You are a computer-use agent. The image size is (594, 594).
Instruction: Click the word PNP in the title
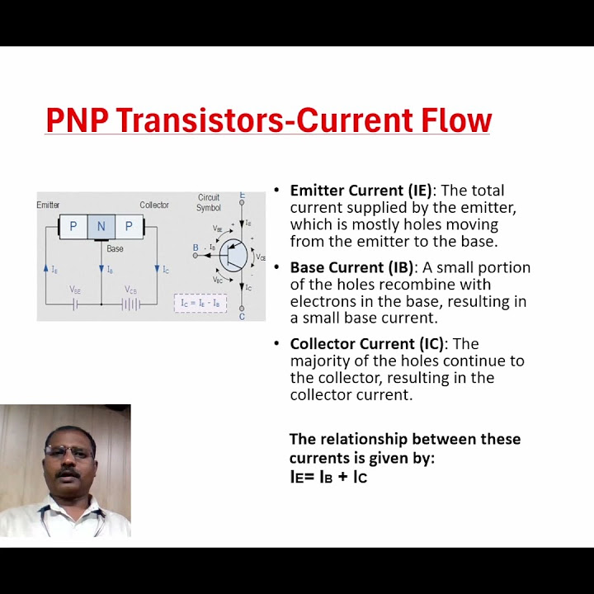coord(78,120)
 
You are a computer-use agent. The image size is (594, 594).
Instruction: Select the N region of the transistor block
coord(101,226)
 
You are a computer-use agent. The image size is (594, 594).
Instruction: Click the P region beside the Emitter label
coord(73,226)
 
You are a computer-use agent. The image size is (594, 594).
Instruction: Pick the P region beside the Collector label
coord(129,226)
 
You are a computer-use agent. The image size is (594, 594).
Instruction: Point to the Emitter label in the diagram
coord(48,205)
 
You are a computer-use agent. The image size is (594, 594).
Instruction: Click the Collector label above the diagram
coord(154,205)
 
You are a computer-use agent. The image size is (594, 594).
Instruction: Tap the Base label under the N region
coord(115,248)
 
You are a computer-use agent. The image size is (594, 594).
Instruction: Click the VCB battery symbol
coord(130,304)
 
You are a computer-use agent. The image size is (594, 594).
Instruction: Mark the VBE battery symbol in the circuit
coord(74,304)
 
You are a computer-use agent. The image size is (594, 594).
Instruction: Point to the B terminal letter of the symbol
coord(196,247)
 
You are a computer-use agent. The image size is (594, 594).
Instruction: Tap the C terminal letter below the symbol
coord(242,316)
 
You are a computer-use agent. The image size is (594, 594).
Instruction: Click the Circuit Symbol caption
coord(209,202)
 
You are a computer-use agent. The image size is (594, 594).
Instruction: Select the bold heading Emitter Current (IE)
coord(361,191)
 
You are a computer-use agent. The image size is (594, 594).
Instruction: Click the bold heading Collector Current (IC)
coord(366,343)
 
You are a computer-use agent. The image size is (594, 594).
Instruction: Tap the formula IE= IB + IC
coord(328,476)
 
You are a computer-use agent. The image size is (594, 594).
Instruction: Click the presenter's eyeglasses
coord(68,453)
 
